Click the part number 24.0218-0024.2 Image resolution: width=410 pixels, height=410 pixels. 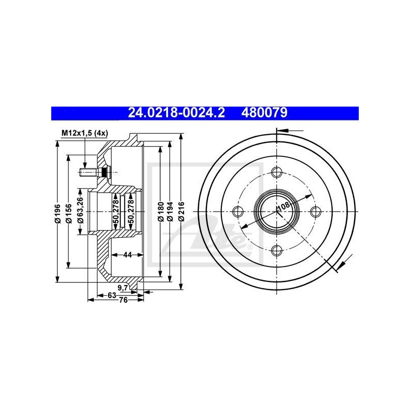[x=176, y=113]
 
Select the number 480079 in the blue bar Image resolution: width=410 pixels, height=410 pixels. [x=264, y=113]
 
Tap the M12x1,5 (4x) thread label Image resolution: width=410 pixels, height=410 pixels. [x=85, y=133]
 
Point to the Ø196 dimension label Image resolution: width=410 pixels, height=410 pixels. [x=57, y=213]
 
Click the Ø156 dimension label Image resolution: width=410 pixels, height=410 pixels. [x=69, y=213]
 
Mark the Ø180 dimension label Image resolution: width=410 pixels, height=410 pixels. [x=161, y=212]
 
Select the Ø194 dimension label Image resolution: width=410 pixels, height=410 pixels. [x=170, y=212]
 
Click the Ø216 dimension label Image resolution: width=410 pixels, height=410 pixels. [x=181, y=212]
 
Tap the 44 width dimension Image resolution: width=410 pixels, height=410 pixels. [x=127, y=254]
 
